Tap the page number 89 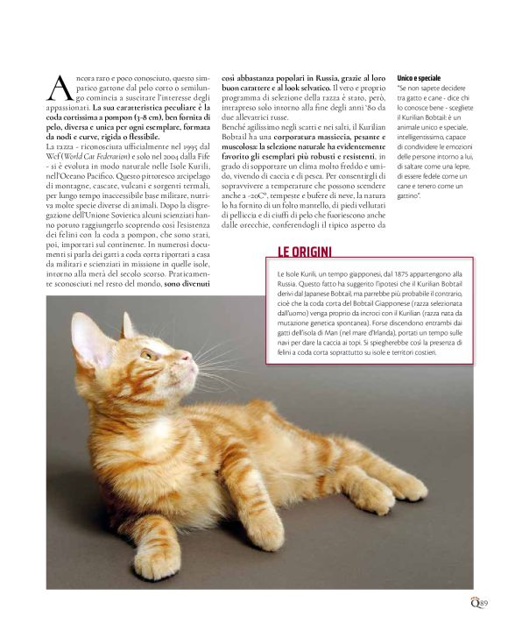(x=483, y=602)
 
